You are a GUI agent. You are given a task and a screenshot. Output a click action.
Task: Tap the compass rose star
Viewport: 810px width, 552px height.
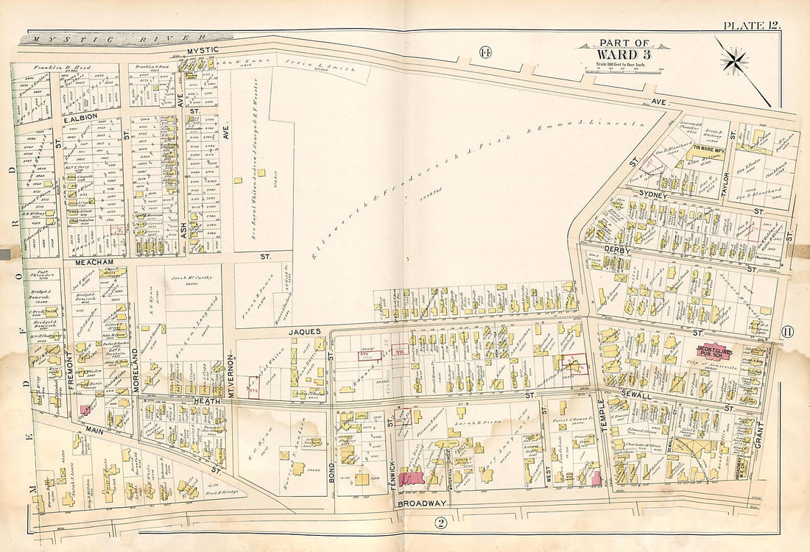tap(736, 62)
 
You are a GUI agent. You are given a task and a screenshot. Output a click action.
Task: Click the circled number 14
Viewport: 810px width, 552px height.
tap(485, 52)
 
